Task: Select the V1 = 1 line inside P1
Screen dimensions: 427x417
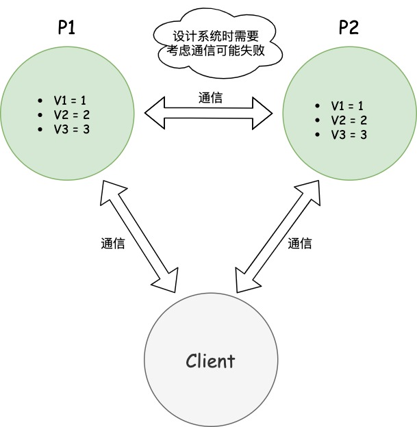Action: pos(71,99)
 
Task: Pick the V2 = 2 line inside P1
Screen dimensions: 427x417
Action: pos(71,114)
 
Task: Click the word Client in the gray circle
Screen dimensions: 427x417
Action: pos(210,361)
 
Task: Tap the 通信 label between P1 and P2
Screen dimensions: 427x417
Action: pos(210,98)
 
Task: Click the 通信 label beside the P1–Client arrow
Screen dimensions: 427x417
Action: pos(113,243)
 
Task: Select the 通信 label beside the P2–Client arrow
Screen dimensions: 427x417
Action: pos(300,243)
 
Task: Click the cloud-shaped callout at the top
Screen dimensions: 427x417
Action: pos(216,42)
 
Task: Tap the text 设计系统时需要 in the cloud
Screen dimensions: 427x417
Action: pos(216,34)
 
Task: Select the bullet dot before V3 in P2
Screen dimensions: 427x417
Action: pos(318,134)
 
